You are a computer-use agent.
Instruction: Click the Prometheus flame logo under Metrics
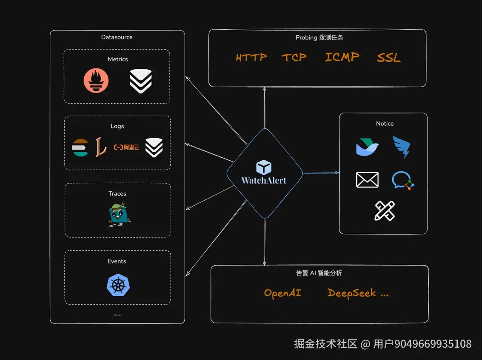point(96,80)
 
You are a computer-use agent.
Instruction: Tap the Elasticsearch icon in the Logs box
point(80,147)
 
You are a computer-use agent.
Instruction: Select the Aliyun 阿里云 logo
point(126,147)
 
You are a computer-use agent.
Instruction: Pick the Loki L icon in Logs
point(101,147)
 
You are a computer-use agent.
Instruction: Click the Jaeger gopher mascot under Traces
point(119,214)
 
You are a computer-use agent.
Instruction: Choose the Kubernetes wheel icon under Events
point(118,285)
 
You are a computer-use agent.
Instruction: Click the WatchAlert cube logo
point(264,167)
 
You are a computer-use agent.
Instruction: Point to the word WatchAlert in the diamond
point(264,180)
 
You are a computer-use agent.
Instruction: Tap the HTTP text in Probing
point(251,57)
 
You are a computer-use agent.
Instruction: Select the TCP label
point(294,57)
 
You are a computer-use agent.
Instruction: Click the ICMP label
point(342,57)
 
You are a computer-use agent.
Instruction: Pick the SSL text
point(388,57)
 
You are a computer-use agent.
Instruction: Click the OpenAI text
point(282,293)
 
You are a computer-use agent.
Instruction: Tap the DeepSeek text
point(352,293)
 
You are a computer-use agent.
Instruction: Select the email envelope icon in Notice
point(367,180)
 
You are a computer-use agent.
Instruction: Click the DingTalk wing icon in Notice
point(402,147)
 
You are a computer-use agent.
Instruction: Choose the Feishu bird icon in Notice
point(367,147)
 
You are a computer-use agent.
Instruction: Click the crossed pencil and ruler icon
point(385,211)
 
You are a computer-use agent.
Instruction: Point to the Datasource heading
point(117,37)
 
